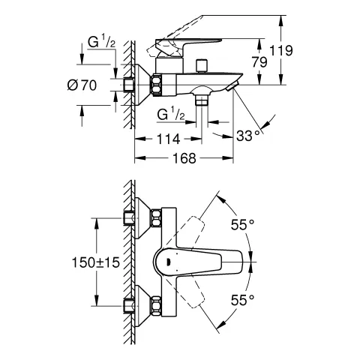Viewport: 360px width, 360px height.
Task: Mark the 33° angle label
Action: tap(248, 136)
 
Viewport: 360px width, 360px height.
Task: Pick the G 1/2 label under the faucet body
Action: tap(171, 115)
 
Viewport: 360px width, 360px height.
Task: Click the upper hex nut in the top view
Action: tap(157, 219)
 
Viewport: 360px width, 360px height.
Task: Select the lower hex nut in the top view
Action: tap(157, 306)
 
